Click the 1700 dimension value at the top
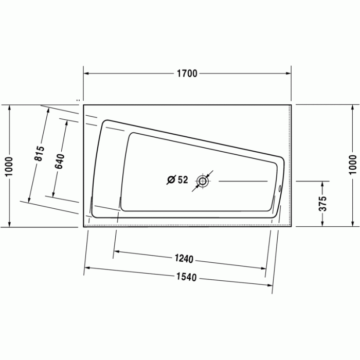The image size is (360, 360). [x=187, y=74]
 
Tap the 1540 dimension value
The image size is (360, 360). [x=186, y=277]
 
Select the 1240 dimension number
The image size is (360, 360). [x=184, y=259]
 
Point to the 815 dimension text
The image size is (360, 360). [x=40, y=154]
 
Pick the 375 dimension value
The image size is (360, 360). [x=322, y=203]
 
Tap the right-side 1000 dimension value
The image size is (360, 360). [x=352, y=165]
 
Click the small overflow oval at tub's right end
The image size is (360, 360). [x=280, y=188]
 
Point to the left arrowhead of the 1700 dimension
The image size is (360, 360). [x=86, y=74]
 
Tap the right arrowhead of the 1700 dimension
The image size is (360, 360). [x=289, y=74]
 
